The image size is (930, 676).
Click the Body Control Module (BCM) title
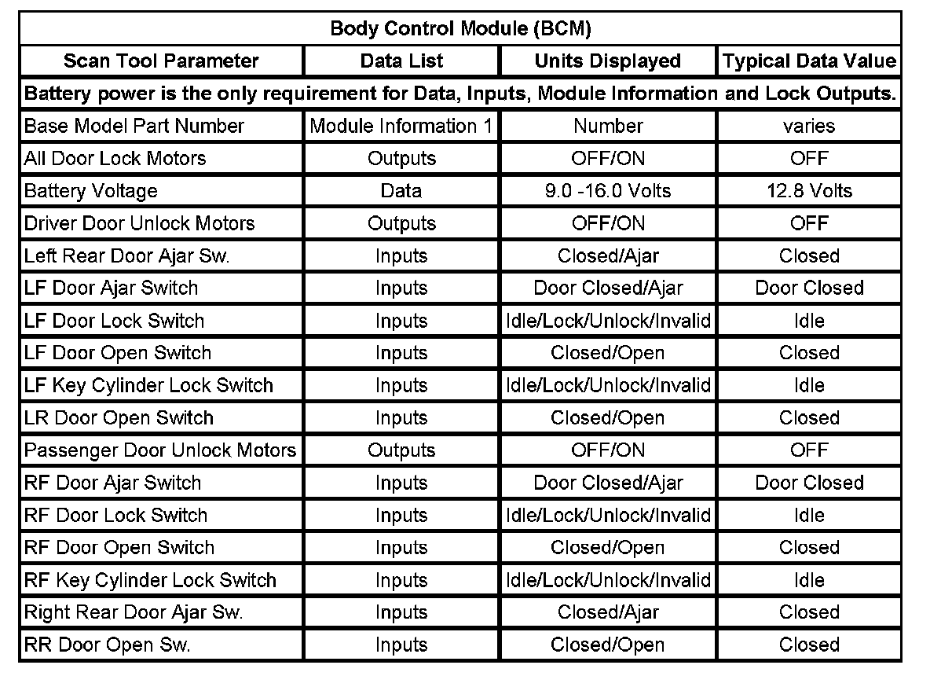(x=460, y=29)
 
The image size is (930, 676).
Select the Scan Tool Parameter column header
(x=161, y=61)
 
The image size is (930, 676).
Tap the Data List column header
(x=401, y=61)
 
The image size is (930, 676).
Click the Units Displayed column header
(x=608, y=61)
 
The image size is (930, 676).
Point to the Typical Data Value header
(x=809, y=61)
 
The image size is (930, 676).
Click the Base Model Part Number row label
(x=134, y=126)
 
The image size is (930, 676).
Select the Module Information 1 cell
(x=401, y=126)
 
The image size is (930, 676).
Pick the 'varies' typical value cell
(x=809, y=126)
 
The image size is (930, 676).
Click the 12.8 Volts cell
(x=809, y=191)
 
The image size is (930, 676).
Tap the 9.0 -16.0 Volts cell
(x=608, y=191)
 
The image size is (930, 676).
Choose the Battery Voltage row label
(x=91, y=191)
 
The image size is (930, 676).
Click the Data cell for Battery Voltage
(x=401, y=191)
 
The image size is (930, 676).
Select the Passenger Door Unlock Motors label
(x=160, y=450)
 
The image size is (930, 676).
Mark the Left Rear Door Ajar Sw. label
(x=126, y=255)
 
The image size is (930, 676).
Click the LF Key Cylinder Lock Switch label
(x=149, y=385)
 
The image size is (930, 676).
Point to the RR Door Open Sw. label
(x=108, y=645)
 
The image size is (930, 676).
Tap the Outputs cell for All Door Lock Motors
(x=401, y=159)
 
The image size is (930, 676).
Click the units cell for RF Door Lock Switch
(x=608, y=516)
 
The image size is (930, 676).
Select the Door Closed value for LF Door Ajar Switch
(x=809, y=288)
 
